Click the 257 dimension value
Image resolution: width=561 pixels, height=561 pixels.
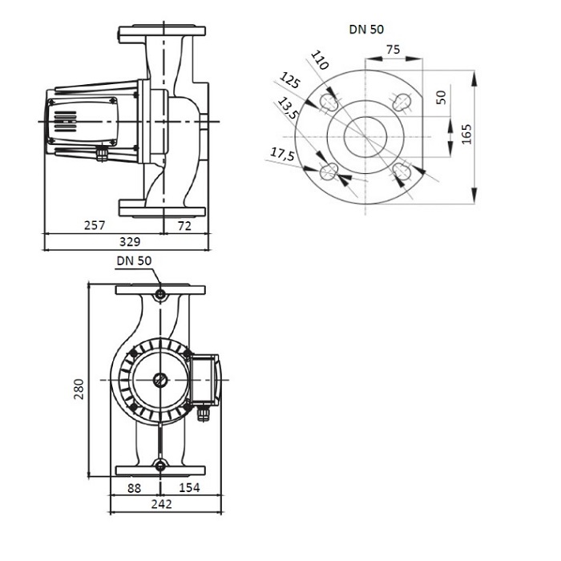95,227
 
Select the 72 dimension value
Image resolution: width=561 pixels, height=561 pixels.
184,227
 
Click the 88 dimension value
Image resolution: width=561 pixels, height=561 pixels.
135,487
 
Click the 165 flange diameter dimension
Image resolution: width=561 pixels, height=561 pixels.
466,135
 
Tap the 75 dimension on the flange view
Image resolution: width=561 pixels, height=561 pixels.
393,49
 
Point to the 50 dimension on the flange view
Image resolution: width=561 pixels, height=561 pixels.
440,98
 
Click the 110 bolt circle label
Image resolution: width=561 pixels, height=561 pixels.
319,60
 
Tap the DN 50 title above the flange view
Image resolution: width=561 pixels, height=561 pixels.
366,30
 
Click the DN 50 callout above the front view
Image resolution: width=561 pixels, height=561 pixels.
133,260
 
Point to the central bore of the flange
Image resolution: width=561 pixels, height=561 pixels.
365,136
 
